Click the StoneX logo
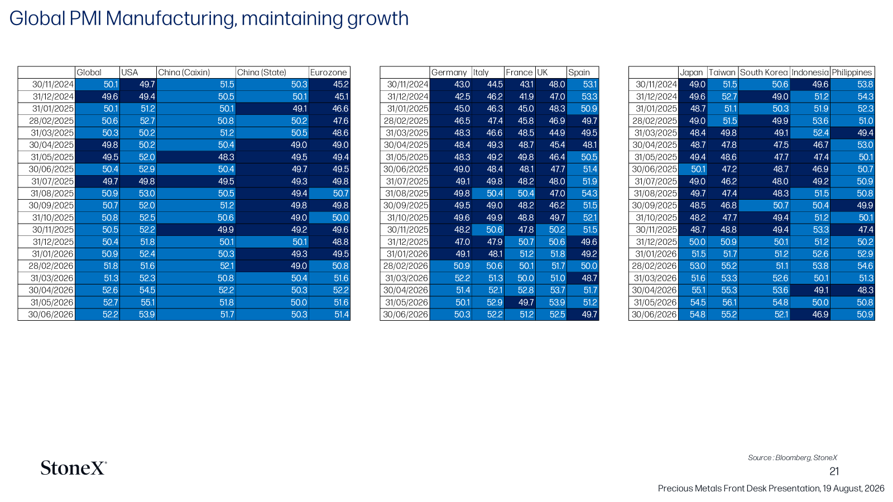[x=74, y=468]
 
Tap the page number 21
[x=834, y=472]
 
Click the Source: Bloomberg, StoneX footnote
[x=792, y=458]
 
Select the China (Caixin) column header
[x=184, y=73]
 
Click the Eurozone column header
[x=329, y=73]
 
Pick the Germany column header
[x=449, y=73]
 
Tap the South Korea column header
[x=764, y=73]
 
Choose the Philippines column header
[x=852, y=73]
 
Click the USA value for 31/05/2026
[x=147, y=302]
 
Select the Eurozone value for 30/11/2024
[x=340, y=84]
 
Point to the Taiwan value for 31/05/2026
[x=729, y=302]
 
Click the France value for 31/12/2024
[x=526, y=97]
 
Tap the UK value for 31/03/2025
[x=557, y=133]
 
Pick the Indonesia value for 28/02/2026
[x=820, y=266]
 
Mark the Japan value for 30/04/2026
[x=698, y=291]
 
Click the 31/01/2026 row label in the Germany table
[x=407, y=254]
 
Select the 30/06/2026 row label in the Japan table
[x=654, y=315]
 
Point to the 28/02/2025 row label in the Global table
[x=51, y=121]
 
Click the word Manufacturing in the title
[x=171, y=18]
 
